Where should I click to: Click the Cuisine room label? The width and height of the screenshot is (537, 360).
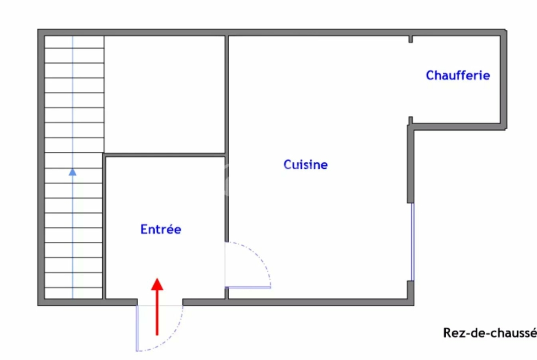[x=306, y=165]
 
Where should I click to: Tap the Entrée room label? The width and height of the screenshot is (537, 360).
[x=161, y=229]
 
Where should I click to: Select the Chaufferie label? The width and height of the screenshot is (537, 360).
[x=458, y=75]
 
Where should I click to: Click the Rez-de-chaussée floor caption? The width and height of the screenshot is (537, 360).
[x=490, y=332]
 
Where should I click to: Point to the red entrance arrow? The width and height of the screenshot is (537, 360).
[x=157, y=307]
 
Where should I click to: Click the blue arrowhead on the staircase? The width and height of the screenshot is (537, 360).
[x=73, y=172]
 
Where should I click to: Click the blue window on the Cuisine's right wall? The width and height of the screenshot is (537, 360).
[x=412, y=242]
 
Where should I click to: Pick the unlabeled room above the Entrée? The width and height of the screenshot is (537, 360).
[x=165, y=94]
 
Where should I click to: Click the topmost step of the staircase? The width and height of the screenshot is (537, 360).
[x=74, y=42]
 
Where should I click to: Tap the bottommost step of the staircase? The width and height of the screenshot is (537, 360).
[x=73, y=293]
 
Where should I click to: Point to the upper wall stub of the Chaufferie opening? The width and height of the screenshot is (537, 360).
[x=411, y=39]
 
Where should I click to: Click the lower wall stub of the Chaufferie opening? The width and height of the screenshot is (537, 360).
[x=411, y=121]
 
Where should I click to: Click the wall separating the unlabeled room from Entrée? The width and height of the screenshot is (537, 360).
[x=165, y=155]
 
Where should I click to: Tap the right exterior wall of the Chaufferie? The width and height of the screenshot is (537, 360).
[x=503, y=79]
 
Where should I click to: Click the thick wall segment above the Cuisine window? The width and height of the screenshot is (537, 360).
[x=410, y=164]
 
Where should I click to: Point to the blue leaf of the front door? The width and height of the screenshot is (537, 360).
[x=137, y=328]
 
